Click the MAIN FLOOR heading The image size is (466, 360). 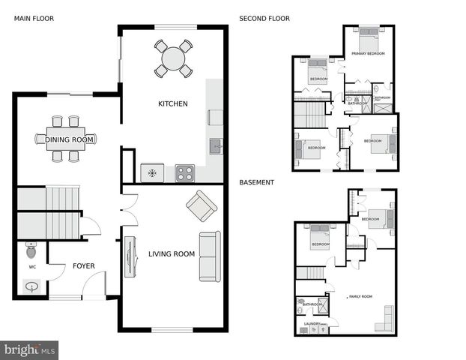click(34, 19)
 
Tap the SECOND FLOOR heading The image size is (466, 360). click(264, 19)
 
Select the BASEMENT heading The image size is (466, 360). click(257, 182)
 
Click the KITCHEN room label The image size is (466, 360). click(172, 103)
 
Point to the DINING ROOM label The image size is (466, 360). click(70, 139)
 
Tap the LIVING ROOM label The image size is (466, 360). click(172, 254)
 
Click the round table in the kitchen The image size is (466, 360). click(173, 58)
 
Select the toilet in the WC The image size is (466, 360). click(31, 249)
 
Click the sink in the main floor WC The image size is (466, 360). click(32, 286)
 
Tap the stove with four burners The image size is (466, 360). click(184, 173)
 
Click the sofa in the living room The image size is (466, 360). click(210, 256)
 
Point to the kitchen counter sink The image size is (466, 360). click(215, 146)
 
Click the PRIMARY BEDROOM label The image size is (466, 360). click(368, 54)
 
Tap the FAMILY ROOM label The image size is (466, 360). click(360, 297)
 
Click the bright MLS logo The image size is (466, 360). click(30, 349)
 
